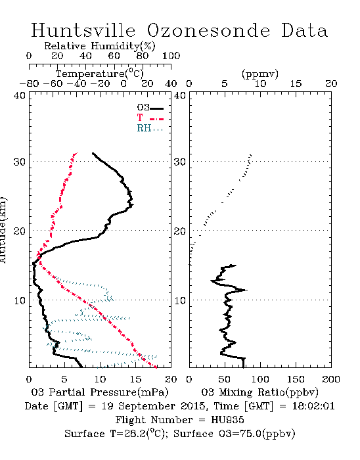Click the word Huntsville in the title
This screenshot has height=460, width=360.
83,30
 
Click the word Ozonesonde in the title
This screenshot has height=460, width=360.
208,30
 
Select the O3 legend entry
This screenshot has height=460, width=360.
150,108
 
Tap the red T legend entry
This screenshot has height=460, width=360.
150,118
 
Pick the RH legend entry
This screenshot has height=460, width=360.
150,128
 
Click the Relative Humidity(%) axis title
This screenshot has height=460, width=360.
100,46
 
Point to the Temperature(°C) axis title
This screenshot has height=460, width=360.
100,74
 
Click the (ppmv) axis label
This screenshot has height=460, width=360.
260,74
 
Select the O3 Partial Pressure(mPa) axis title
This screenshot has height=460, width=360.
100,392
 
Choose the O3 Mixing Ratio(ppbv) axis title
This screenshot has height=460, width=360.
259,392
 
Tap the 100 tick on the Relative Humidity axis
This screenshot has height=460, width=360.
171,56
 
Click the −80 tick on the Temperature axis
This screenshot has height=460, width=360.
29,83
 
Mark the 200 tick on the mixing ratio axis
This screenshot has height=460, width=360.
331,379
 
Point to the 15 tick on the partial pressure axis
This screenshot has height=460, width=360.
135,379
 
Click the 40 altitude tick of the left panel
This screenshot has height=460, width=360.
19,96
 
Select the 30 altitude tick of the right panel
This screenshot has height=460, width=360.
180,162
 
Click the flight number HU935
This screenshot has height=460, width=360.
227,420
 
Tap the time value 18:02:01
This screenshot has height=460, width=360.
313,406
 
